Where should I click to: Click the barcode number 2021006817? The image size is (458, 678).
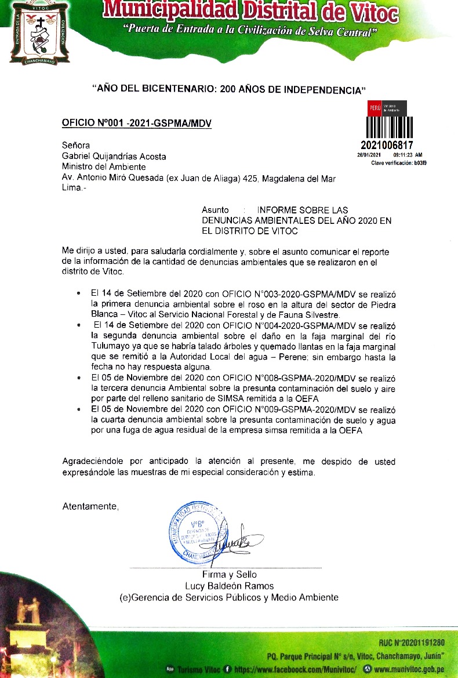pos(387,145)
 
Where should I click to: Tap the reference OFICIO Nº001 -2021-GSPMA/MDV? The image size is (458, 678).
pos(137,124)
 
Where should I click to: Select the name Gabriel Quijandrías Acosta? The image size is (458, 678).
pos(114,157)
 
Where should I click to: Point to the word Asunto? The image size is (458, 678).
pos(215,209)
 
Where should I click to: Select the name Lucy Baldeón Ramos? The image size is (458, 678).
pos(229,586)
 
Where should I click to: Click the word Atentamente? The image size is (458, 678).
pos(90,506)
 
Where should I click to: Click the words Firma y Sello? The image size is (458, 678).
pos(229,575)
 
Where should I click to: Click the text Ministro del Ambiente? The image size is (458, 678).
pos(104,167)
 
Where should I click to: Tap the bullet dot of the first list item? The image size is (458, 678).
pos(79,295)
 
